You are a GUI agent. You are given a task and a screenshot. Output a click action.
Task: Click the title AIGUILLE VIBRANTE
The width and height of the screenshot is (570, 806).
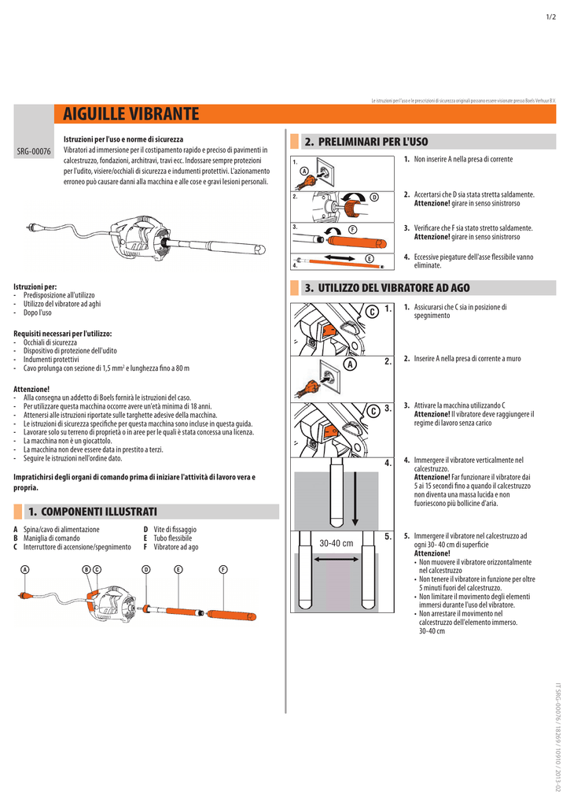[131, 115]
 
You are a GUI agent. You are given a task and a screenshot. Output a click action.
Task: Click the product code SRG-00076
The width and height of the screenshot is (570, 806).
[34, 151]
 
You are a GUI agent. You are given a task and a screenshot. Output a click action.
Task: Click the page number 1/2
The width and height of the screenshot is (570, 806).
[551, 17]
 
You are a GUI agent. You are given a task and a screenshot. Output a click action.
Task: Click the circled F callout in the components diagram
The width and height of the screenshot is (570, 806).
[223, 569]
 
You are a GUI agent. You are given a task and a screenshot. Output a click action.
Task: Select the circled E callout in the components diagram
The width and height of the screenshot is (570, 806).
[178, 569]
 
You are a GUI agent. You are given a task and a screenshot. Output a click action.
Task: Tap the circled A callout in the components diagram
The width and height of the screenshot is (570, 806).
[25, 569]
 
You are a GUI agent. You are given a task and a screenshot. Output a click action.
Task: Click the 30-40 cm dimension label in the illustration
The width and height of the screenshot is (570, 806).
[336, 543]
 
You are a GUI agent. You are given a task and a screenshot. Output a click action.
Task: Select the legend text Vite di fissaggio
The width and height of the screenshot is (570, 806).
[175, 530]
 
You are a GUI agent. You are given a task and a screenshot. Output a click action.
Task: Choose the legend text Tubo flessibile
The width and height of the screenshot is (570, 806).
[173, 538]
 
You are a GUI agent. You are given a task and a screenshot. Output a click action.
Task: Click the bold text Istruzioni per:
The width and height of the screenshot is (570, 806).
[35, 287]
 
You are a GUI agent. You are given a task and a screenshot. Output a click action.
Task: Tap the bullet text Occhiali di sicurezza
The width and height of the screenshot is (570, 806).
[50, 343]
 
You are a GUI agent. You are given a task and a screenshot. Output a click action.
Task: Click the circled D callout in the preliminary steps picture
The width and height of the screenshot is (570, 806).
[374, 196]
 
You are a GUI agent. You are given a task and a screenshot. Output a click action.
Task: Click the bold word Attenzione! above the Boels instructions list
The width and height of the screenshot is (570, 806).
[31, 389]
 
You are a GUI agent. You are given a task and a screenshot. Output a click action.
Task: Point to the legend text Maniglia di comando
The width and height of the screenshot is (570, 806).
[52, 538]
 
